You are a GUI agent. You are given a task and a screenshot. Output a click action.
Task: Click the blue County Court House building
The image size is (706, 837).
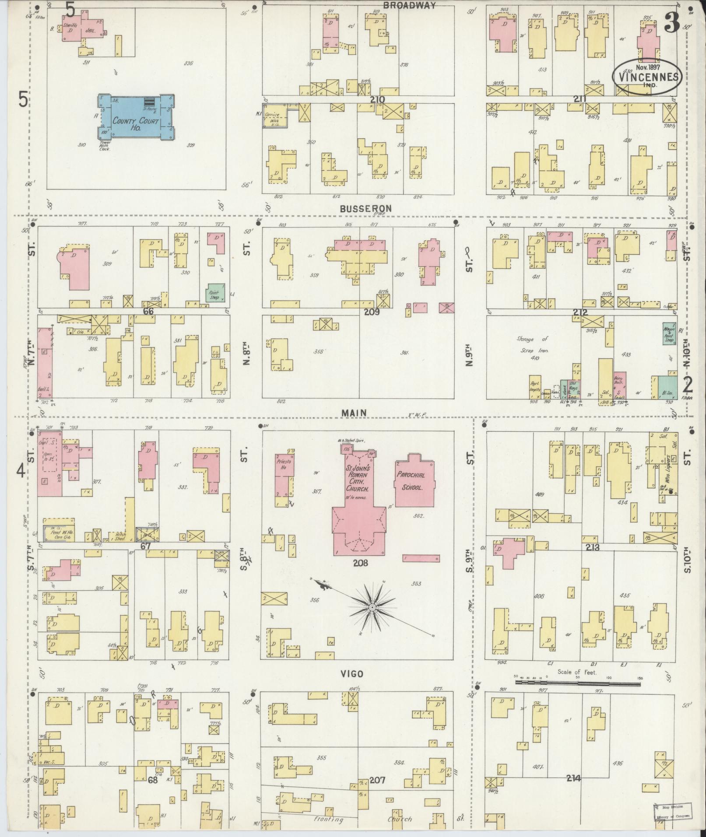(135, 117)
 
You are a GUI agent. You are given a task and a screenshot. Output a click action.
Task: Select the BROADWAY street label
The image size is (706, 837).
(410, 6)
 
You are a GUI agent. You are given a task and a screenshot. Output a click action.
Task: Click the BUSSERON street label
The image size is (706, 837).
(366, 208)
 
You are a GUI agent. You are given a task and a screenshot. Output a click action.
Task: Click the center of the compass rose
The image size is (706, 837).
(372, 608)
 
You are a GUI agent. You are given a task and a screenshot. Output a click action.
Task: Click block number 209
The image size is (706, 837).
(372, 312)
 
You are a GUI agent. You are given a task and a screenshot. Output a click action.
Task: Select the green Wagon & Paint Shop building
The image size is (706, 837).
(670, 333)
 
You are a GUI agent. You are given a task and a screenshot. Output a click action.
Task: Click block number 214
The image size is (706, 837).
(573, 778)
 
